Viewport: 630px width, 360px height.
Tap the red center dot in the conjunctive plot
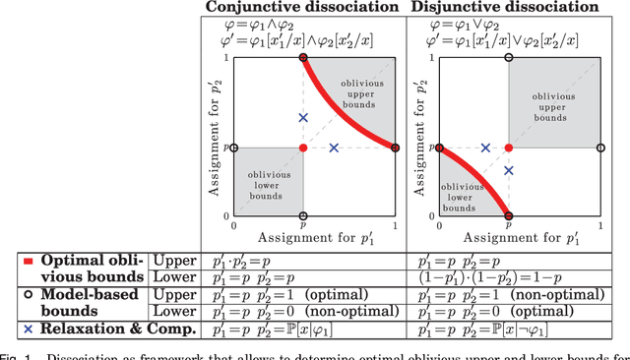303,148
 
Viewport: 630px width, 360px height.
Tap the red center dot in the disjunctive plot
509,148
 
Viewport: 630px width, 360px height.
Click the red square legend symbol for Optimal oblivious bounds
28,261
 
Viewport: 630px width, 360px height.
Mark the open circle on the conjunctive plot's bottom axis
303,215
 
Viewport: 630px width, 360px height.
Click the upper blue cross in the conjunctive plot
303,118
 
